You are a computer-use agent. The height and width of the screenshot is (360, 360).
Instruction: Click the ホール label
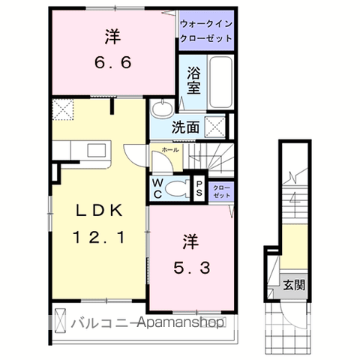tap(169, 151)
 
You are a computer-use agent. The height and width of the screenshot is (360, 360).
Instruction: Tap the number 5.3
tap(191, 268)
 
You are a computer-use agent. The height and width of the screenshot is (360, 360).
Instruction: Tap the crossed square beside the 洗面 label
tap(217, 127)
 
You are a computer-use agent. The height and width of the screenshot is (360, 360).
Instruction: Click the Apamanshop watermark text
tap(181, 324)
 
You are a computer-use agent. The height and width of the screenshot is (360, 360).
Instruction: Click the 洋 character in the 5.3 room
tap(190, 241)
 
